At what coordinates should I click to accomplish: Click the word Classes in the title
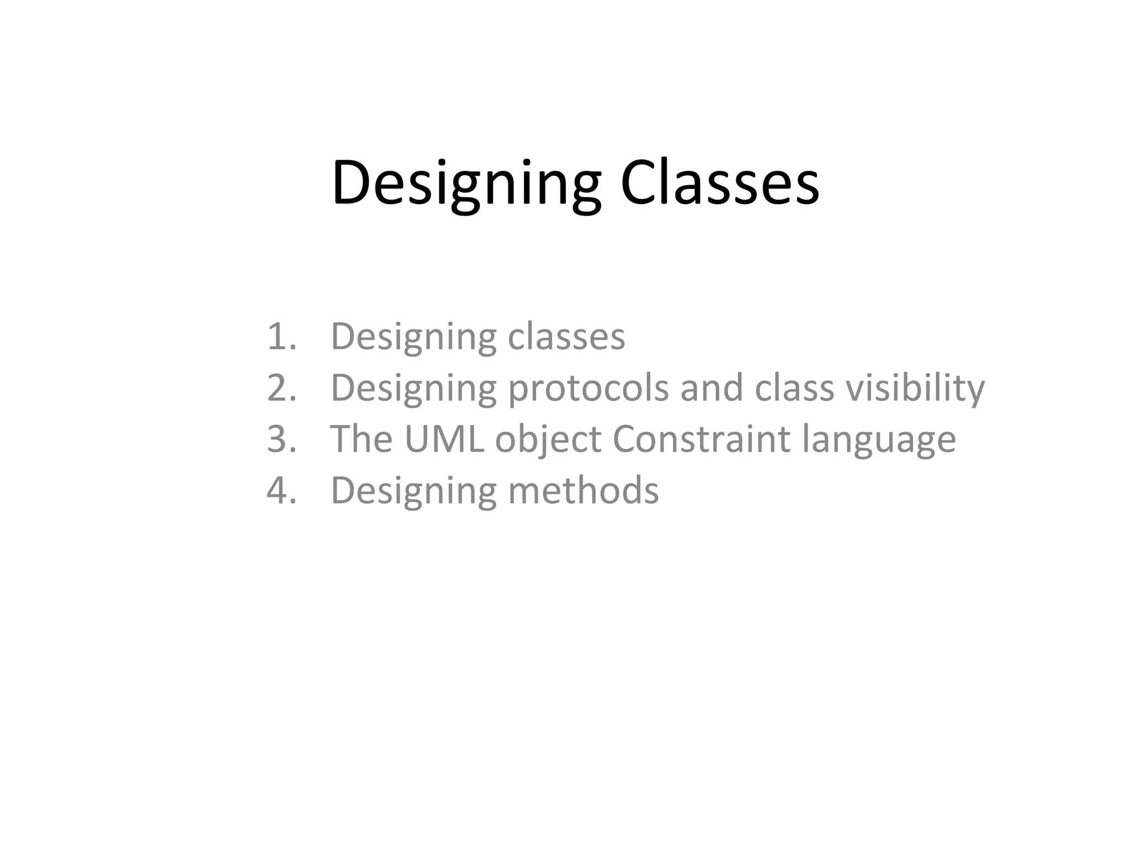[720, 184]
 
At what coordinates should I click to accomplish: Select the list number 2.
[281, 387]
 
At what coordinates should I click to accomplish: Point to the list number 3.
[281, 439]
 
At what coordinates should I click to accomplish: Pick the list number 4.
[281, 490]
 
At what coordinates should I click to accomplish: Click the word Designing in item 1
[413, 337]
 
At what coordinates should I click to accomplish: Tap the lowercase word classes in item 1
[567, 337]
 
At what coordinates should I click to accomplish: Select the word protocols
[589, 389]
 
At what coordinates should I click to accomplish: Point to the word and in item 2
[711, 387]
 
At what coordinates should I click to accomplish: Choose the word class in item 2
[794, 387]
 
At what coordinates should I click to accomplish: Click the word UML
[444, 439]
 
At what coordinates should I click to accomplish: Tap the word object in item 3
[548, 440]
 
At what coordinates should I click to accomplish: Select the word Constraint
[701, 439]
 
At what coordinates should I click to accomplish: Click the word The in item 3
[361, 439]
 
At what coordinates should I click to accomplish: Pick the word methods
[583, 490]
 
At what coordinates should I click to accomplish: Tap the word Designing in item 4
[413, 491]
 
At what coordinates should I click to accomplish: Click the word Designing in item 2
[413, 389]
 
